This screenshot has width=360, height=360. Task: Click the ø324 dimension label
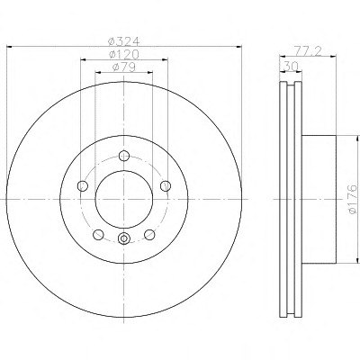pyautogui.click(x=124, y=41)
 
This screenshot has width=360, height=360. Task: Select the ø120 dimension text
pyautogui.click(x=124, y=54)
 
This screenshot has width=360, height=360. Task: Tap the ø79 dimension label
pyautogui.click(x=124, y=67)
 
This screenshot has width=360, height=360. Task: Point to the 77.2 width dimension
pyautogui.click(x=308, y=51)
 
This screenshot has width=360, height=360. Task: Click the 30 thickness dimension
pyautogui.click(x=291, y=67)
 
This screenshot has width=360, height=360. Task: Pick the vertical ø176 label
pyautogui.click(x=353, y=199)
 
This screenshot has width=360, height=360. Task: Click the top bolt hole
pyautogui.click(x=124, y=156)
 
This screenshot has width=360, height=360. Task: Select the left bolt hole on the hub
pyautogui.click(x=83, y=186)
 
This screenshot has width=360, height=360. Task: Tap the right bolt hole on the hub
pyautogui.click(x=166, y=186)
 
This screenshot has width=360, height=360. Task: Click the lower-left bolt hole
pyautogui.click(x=98, y=235)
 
